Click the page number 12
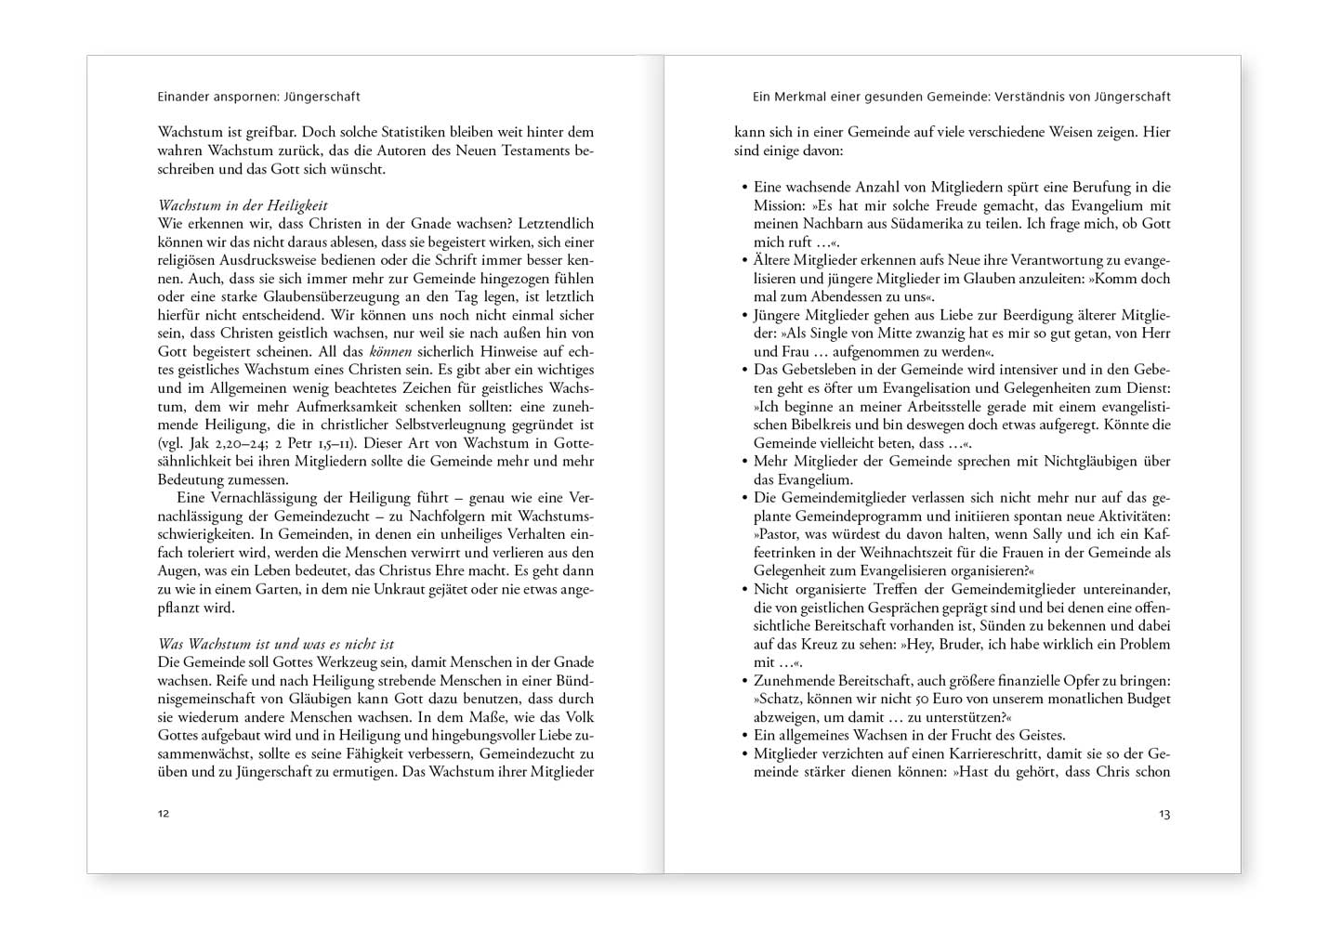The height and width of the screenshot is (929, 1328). (x=164, y=814)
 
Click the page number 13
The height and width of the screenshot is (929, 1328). (x=1164, y=814)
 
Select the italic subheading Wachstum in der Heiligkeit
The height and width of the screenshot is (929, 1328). (x=243, y=205)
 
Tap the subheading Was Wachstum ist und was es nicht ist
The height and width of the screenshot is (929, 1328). (x=276, y=644)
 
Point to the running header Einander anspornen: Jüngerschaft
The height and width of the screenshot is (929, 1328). (x=258, y=97)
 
